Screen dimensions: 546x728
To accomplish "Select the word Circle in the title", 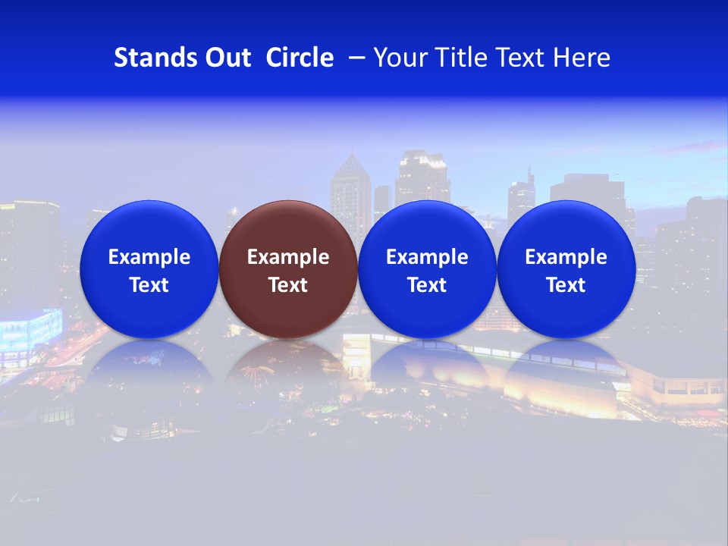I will [x=300, y=58].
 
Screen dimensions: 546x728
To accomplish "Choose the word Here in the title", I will [x=582, y=58].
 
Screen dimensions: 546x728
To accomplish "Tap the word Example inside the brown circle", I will [x=288, y=257].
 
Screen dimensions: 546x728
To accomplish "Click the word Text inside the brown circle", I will [x=288, y=285].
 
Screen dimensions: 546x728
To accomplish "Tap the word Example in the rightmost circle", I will [x=566, y=257].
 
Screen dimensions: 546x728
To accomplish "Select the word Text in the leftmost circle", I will [x=149, y=285].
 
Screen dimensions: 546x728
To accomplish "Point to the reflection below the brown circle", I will [x=288, y=368].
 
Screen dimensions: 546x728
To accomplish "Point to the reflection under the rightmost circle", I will [x=566, y=368].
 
